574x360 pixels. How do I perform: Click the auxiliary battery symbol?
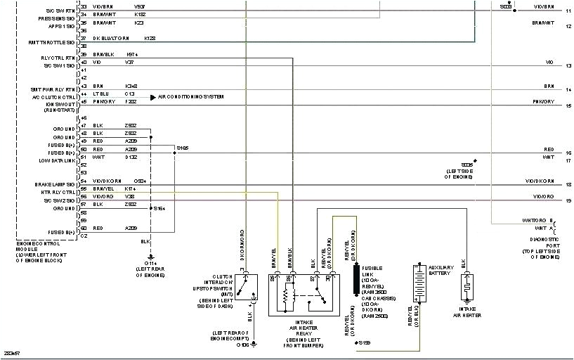coord(419,283)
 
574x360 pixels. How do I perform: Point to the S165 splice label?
coord(183,148)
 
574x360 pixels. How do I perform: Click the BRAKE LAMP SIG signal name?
coord(55,184)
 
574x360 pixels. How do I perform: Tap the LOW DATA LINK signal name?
coord(56,160)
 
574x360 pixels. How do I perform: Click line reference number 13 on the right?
coord(568,65)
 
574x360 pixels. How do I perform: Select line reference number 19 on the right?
coord(568,200)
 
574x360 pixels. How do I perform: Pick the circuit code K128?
coord(150,38)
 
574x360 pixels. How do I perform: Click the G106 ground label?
coord(242,345)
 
